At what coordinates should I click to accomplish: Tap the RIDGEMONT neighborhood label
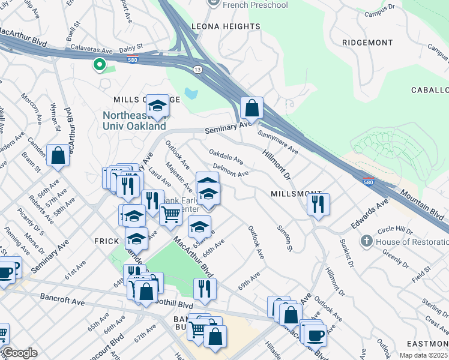(367, 43)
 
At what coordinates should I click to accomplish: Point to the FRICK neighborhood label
(106, 241)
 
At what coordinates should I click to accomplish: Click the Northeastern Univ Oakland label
(134, 121)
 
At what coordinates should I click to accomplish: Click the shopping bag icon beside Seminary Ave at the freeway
(252, 108)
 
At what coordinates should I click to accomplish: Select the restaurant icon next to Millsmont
(318, 204)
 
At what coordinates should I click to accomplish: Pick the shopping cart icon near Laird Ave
(171, 213)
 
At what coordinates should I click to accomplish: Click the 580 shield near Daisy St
(133, 58)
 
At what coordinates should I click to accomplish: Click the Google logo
(20, 353)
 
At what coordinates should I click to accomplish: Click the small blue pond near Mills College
(191, 93)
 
